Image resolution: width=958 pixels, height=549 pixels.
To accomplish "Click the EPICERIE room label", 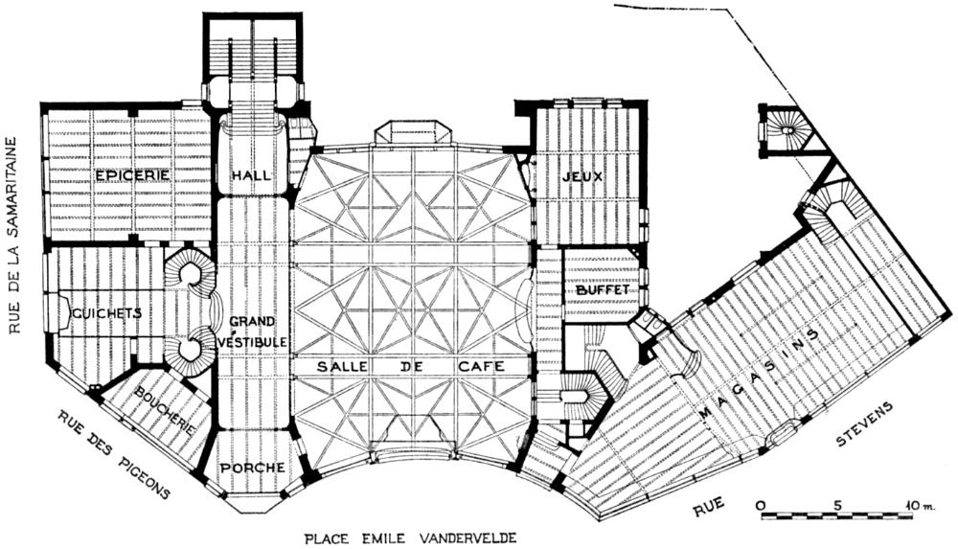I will click(132, 175).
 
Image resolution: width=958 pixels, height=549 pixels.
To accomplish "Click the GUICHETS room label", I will click(105, 313).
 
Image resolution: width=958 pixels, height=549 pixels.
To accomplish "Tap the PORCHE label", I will click(253, 468).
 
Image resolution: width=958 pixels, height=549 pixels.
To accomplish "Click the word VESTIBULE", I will click(253, 341).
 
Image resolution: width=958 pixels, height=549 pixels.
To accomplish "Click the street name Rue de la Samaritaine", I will click(14, 235).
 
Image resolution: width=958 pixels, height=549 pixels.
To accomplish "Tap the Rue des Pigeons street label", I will click(113, 455).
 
